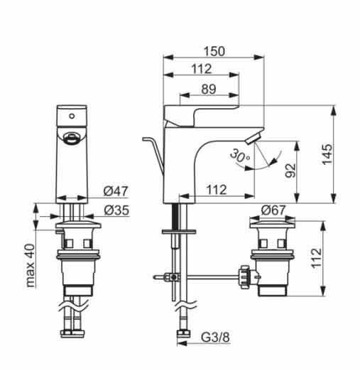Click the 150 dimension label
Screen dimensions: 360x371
214,51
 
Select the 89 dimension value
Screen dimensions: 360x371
209,90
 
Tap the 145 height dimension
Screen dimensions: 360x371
327,154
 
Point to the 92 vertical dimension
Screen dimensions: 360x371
290,171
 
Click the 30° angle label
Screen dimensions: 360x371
240,156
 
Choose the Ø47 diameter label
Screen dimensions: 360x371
116,191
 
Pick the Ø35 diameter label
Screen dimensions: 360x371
116,210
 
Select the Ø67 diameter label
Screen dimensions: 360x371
273,210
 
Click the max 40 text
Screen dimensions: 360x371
31,266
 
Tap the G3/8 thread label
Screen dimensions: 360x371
215,338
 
